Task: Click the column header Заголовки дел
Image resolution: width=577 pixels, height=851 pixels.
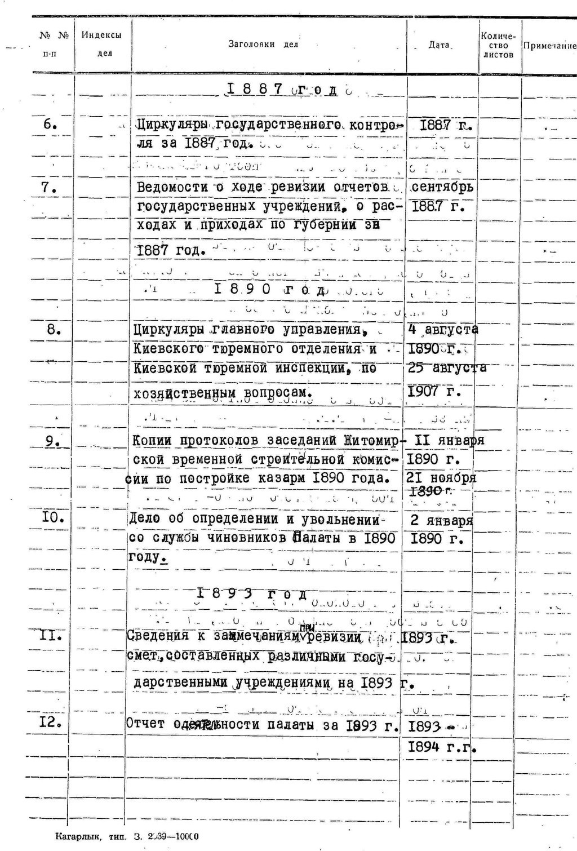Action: pyautogui.click(x=263, y=44)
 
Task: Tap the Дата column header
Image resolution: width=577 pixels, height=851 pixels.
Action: pyautogui.click(x=439, y=45)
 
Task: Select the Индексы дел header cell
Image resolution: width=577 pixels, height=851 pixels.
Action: pyautogui.click(x=101, y=44)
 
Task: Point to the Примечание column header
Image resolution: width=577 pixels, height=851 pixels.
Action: pyautogui.click(x=549, y=46)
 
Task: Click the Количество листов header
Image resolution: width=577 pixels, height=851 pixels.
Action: pyautogui.click(x=499, y=45)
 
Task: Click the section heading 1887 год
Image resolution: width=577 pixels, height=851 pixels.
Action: pyautogui.click(x=282, y=90)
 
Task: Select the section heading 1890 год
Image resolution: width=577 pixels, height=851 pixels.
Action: pyautogui.click(x=270, y=290)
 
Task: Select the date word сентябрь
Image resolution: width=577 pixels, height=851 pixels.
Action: pyautogui.click(x=442, y=187)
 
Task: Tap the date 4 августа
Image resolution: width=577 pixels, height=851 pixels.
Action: pyautogui.click(x=442, y=330)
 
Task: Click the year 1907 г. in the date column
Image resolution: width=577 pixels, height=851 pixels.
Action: pyautogui.click(x=434, y=391)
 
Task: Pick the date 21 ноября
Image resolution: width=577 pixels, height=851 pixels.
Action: pyautogui.click(x=441, y=478)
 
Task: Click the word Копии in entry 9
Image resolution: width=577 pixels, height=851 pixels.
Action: pyautogui.click(x=153, y=440)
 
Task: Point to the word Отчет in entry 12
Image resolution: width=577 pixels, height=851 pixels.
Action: pyautogui.click(x=146, y=723)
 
